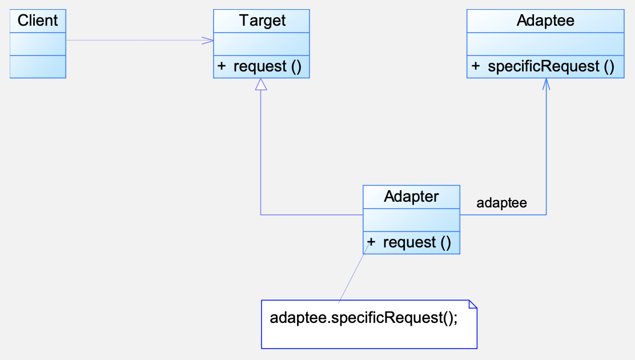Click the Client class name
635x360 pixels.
point(38,20)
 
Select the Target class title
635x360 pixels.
point(262,20)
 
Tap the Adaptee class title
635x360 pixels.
point(545,20)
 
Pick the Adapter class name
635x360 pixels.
point(411,196)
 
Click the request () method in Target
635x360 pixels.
point(267,66)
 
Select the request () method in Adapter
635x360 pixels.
point(417,242)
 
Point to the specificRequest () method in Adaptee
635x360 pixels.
point(550,66)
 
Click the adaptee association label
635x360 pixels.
point(502,203)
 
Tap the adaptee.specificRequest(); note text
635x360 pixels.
point(364,318)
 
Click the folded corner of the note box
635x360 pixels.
point(473,304)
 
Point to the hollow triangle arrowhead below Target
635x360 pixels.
point(261,84)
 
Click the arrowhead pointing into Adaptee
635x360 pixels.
point(546,83)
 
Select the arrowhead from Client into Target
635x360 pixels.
point(208,40)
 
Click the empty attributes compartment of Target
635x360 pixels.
point(262,44)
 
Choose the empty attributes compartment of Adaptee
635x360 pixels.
point(545,44)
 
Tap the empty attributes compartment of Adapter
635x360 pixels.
point(412,220)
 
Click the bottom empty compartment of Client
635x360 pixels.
point(38,66)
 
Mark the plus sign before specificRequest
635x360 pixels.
point(476,66)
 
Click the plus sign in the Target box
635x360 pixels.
point(222,66)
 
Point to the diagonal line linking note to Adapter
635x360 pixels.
point(354,273)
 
